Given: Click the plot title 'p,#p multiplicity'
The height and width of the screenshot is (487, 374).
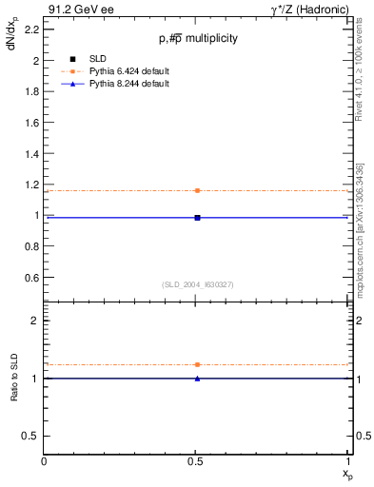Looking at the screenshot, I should [198, 39].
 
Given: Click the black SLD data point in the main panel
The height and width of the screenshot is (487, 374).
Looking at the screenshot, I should [197, 218].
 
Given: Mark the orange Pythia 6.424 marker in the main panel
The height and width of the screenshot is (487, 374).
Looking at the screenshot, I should [197, 190].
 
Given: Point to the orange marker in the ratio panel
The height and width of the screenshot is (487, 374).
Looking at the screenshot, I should [197, 364].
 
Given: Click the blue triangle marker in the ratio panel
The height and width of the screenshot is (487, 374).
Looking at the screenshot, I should [197, 379].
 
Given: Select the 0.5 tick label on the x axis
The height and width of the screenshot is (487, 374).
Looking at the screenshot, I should [197, 461].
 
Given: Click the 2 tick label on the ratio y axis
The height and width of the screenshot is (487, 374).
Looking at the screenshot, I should [35, 321].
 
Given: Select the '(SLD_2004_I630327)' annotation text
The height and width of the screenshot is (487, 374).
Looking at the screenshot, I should [198, 284].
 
